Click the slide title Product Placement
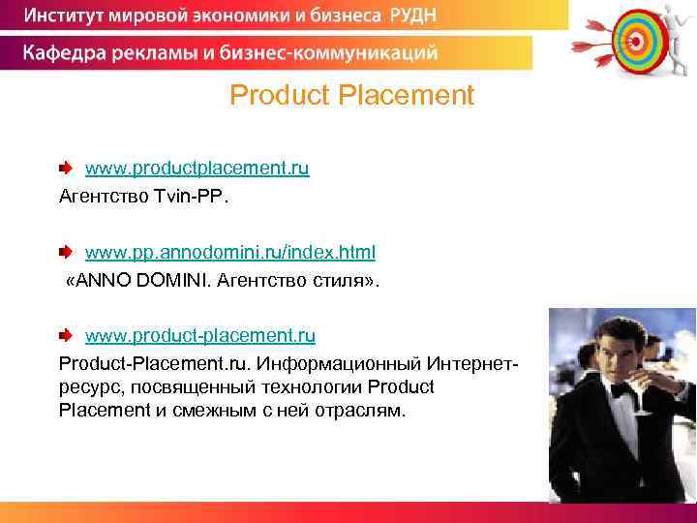tap(352, 96)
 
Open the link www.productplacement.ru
tap(197, 169)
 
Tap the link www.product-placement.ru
tap(200, 336)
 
